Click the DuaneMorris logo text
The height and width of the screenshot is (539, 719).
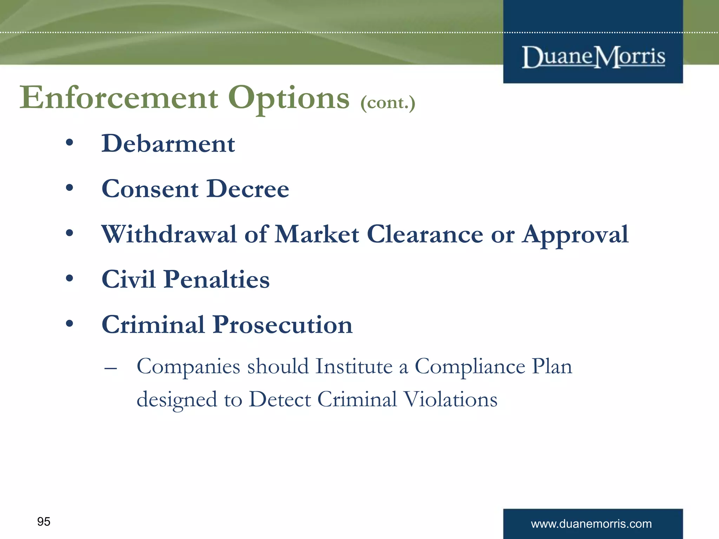(x=593, y=57)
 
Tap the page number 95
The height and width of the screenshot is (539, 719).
(x=44, y=521)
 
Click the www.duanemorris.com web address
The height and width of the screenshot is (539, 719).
(x=591, y=524)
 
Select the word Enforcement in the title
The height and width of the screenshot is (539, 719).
(x=119, y=98)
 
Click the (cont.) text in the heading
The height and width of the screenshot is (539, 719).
(x=388, y=103)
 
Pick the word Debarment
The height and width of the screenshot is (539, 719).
(x=168, y=144)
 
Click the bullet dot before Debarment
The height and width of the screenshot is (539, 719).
(x=70, y=142)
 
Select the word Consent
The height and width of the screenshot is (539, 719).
(x=150, y=189)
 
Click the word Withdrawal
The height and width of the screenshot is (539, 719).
(x=169, y=234)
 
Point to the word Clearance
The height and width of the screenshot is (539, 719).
(x=425, y=234)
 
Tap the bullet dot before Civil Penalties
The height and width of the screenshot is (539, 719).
(x=70, y=278)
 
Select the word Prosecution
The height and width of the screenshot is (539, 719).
(x=283, y=325)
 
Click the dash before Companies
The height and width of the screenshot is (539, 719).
(x=111, y=369)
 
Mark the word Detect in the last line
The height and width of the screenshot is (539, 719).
(x=280, y=399)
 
